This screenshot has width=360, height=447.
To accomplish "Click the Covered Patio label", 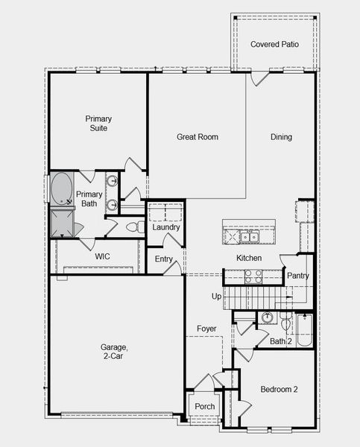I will (x=274, y=45).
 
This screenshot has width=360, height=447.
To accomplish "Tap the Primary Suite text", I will (x=97, y=124).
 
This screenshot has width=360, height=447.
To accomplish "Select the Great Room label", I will (x=197, y=137).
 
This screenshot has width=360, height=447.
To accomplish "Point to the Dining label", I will (x=281, y=137).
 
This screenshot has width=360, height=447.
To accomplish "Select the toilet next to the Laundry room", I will (x=133, y=227).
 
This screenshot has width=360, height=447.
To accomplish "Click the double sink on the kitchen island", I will (x=249, y=238).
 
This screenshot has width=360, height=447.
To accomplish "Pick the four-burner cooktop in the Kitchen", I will (x=253, y=276).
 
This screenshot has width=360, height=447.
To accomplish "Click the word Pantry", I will (x=298, y=276).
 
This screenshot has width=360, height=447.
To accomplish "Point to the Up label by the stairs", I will (x=217, y=297).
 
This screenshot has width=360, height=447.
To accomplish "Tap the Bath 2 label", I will (x=280, y=341).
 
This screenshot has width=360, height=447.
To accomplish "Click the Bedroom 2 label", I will (x=280, y=390).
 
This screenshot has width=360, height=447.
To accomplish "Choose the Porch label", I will (x=204, y=407).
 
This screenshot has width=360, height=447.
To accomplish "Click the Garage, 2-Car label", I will (x=115, y=352).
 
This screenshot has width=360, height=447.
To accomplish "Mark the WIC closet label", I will (x=102, y=256).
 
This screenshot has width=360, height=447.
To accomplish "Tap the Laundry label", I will (x=165, y=227).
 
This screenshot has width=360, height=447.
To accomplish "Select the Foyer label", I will (x=206, y=329).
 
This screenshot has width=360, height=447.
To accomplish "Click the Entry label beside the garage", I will (x=164, y=259).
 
